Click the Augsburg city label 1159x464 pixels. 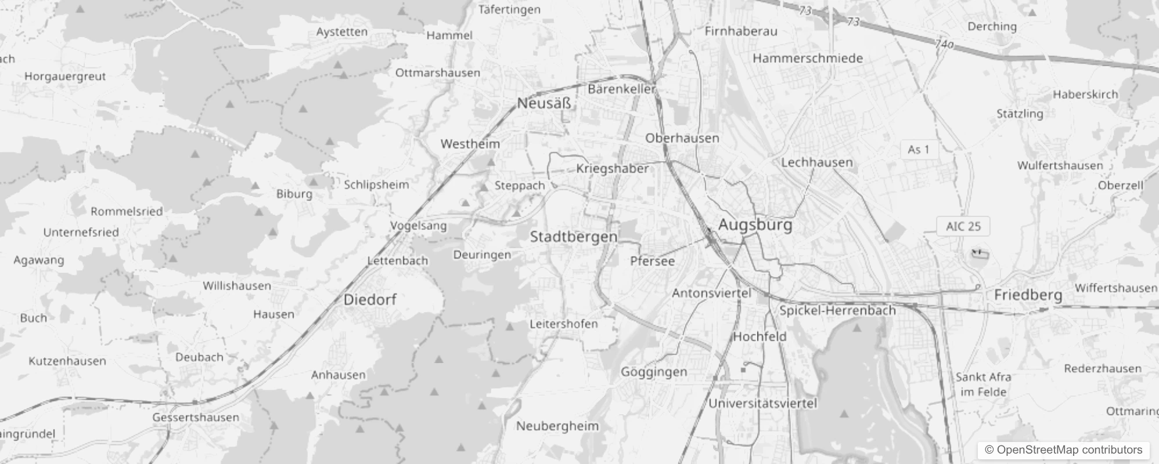pyautogui.click(x=755, y=224)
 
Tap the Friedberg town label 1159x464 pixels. pyautogui.click(x=1028, y=295)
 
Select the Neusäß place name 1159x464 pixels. pyautogui.click(x=544, y=104)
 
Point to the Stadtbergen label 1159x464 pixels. pyautogui.click(x=573, y=237)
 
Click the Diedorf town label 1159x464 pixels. pyautogui.click(x=370, y=300)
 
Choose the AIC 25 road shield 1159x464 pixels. pyautogui.click(x=963, y=226)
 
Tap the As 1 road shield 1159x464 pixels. pyautogui.click(x=919, y=150)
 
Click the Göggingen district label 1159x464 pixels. pyautogui.click(x=654, y=372)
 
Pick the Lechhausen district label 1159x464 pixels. pyautogui.click(x=816, y=162)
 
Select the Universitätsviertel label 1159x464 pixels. pyautogui.click(x=762, y=403)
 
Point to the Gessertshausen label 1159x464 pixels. pyautogui.click(x=196, y=418)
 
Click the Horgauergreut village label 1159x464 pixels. pyautogui.click(x=65, y=77)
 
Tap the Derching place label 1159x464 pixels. pyautogui.click(x=992, y=27)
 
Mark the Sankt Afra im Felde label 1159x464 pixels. pyautogui.click(x=983, y=385)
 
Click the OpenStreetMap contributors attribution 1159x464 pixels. pyautogui.click(x=1063, y=450)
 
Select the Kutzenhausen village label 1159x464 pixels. pyautogui.click(x=67, y=361)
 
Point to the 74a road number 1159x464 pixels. pyautogui.click(x=945, y=44)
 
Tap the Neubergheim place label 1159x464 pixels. pyautogui.click(x=557, y=426)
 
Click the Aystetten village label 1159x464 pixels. pyautogui.click(x=341, y=32)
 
